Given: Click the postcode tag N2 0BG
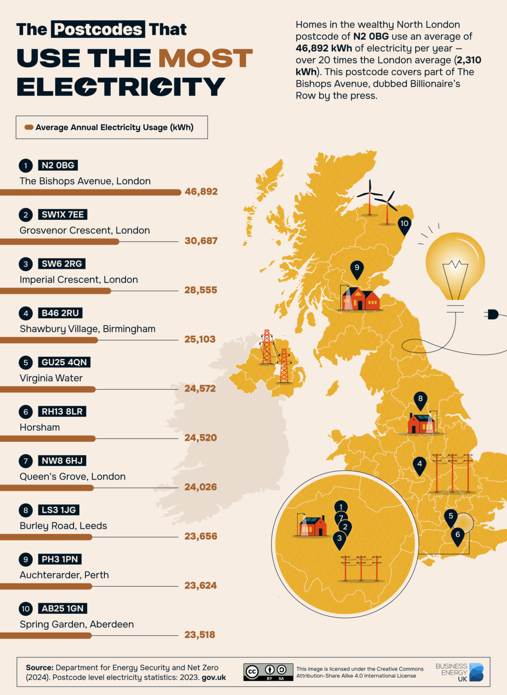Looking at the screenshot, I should click(x=58, y=166).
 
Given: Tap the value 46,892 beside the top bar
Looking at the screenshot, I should click(x=201, y=192).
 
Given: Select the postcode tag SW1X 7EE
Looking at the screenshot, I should click(x=62, y=214).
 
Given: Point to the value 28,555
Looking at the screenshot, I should click(x=200, y=290).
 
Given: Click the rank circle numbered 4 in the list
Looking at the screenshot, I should click(x=26, y=313).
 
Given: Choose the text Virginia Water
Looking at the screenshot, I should click(x=51, y=378).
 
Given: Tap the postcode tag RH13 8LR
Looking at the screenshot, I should click(x=62, y=412).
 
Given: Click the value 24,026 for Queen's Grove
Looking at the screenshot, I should click(x=200, y=487).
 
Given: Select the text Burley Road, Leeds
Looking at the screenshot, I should click(x=63, y=526).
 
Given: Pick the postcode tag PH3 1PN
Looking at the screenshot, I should click(x=60, y=559).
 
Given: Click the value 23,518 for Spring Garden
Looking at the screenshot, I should click(x=199, y=635).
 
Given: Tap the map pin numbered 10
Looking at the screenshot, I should click(x=404, y=224).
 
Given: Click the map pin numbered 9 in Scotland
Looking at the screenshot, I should click(x=357, y=269).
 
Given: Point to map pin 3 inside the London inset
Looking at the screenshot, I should click(x=339, y=539).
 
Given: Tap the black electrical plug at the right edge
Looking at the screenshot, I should click(x=493, y=314).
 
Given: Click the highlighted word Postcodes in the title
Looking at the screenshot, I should click(x=98, y=29).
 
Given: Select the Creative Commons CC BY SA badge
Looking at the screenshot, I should click(x=268, y=672).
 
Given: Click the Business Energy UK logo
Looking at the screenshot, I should click(x=460, y=672).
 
